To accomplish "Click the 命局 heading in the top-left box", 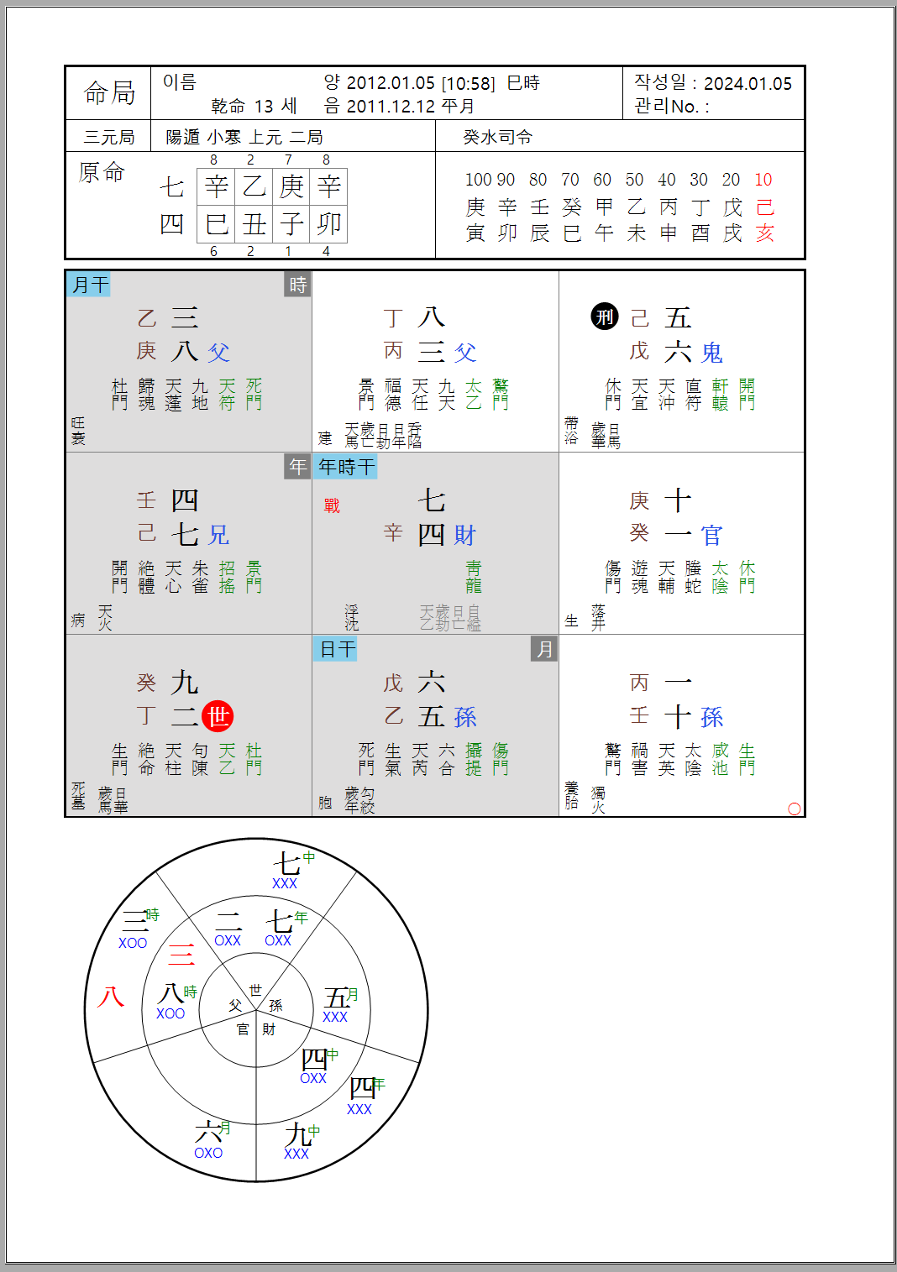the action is [109, 92].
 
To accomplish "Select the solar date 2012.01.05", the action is [391, 83].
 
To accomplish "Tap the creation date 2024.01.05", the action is [747, 83].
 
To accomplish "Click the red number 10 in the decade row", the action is [763, 180].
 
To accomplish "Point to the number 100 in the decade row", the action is [478, 180].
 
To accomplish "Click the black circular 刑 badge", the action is [605, 317].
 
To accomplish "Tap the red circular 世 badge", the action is [218, 716].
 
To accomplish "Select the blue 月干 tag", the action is [89, 285].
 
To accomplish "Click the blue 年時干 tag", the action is [346, 467].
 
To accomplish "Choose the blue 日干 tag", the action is [337, 649].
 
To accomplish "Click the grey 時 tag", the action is [298, 285].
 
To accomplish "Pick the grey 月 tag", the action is [545, 649].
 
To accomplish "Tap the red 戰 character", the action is [332, 505].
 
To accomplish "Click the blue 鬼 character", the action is [712, 353].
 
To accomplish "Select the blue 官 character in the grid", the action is [712, 535].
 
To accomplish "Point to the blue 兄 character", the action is [219, 535].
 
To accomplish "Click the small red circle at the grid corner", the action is [795, 809].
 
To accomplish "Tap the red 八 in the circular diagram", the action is [110, 997].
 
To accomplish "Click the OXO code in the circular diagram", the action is [208, 1153].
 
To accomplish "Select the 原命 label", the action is [102, 172].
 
